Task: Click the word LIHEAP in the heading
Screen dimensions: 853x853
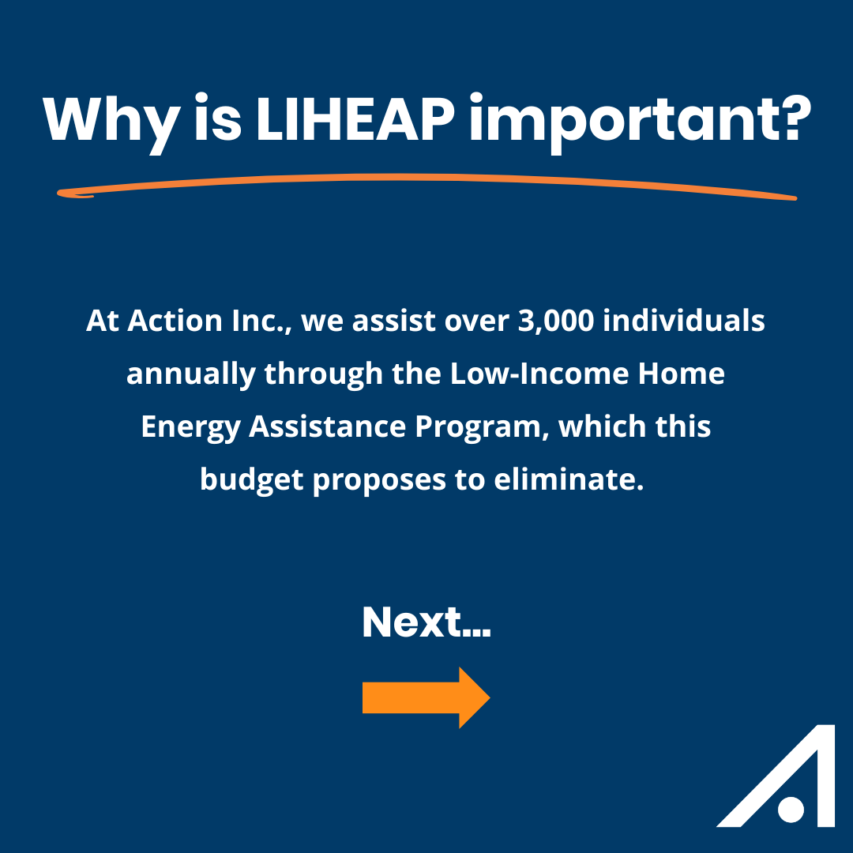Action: click(x=355, y=118)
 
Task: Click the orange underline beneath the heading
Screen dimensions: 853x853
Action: click(x=426, y=178)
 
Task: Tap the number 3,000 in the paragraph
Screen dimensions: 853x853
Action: click(x=555, y=321)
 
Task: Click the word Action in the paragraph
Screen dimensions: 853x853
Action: click(x=175, y=320)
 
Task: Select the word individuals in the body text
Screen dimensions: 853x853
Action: click(x=684, y=320)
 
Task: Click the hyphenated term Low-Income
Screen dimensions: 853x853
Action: click(x=539, y=373)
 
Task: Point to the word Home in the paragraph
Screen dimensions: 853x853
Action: click(x=681, y=373)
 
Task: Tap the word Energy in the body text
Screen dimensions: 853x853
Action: click(x=191, y=427)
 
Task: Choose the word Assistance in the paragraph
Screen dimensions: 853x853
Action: click(x=328, y=426)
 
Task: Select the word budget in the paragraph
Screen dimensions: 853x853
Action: click(x=252, y=480)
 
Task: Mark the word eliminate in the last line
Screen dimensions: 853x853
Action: click(x=569, y=479)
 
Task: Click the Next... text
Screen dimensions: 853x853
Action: click(x=426, y=622)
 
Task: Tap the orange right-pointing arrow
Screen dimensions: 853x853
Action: click(x=426, y=697)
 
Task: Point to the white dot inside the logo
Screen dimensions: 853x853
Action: click(x=791, y=809)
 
